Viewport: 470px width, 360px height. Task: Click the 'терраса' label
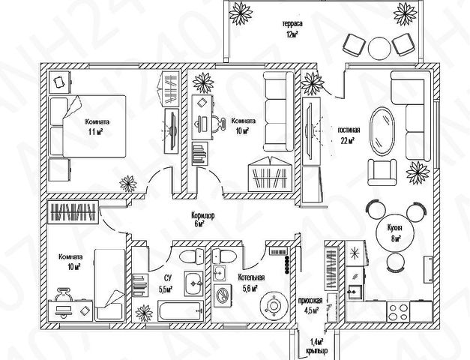[292, 24]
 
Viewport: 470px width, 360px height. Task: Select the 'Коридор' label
[203, 215]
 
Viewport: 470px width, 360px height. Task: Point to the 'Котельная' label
[251, 277]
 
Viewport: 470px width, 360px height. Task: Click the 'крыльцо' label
[316, 350]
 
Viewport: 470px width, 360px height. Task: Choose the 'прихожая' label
[310, 301]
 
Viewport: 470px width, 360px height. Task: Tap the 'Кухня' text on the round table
[394, 228]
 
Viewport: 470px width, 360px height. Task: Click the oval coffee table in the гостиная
[382, 131]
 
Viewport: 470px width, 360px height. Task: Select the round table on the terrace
[380, 49]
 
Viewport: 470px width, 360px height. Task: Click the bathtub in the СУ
[181, 311]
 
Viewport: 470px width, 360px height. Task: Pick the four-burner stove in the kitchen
[398, 312]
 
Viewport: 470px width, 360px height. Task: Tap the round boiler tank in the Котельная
[274, 306]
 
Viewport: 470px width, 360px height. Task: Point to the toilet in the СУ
[192, 256]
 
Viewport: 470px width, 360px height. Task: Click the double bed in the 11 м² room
[87, 126]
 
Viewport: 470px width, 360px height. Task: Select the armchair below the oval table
[382, 172]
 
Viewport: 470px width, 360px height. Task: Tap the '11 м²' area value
[95, 132]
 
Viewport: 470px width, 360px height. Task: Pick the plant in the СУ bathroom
[144, 313]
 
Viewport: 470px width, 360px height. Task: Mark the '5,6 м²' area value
[250, 288]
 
